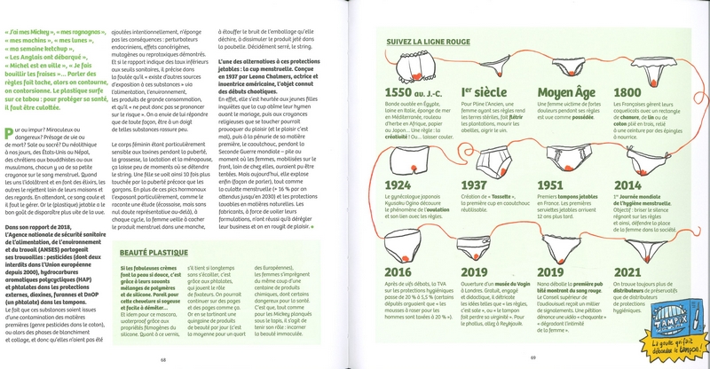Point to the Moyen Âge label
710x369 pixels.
pos(565,94)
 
